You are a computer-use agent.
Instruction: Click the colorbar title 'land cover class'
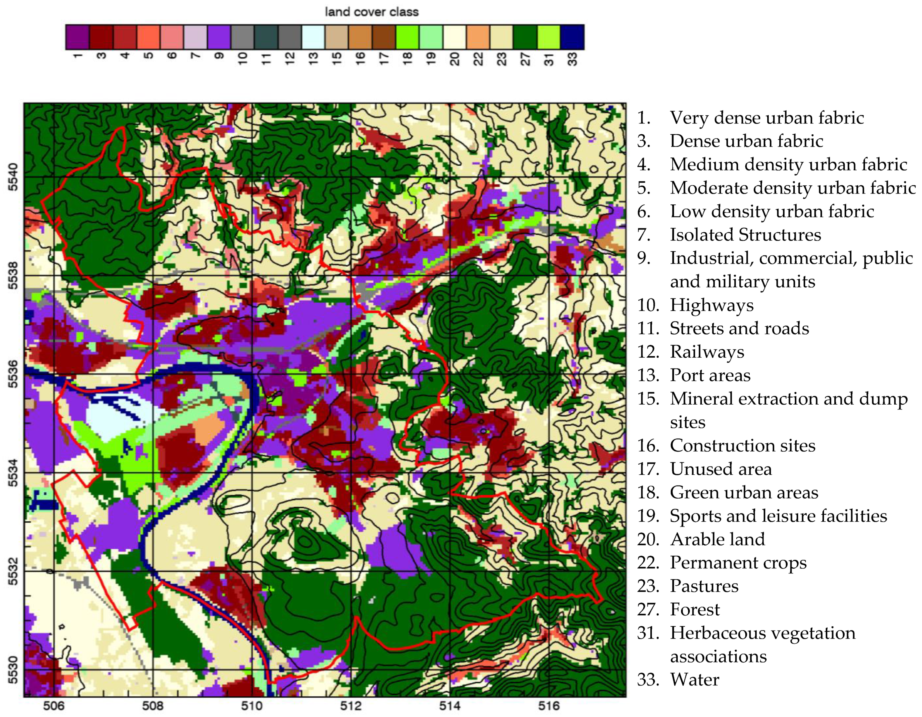click(371, 12)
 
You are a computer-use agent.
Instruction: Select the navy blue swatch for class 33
click(572, 37)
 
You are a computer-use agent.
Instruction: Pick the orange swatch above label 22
click(478, 37)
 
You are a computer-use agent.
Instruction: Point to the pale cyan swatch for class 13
click(313, 37)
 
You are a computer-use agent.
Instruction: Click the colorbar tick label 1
click(77, 56)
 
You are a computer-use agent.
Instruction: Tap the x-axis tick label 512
click(351, 705)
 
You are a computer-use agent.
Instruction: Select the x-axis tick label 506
click(54, 705)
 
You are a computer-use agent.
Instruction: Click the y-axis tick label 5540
click(14, 177)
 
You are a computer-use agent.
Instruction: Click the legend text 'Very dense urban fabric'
click(766, 118)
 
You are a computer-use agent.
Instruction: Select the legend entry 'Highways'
click(711, 305)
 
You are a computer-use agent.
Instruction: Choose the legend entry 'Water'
click(694, 679)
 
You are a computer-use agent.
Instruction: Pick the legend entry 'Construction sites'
click(742, 446)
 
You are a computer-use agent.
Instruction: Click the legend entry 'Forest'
click(694, 609)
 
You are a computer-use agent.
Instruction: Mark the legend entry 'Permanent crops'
click(738, 563)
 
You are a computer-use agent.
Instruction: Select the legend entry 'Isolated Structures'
click(745, 235)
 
